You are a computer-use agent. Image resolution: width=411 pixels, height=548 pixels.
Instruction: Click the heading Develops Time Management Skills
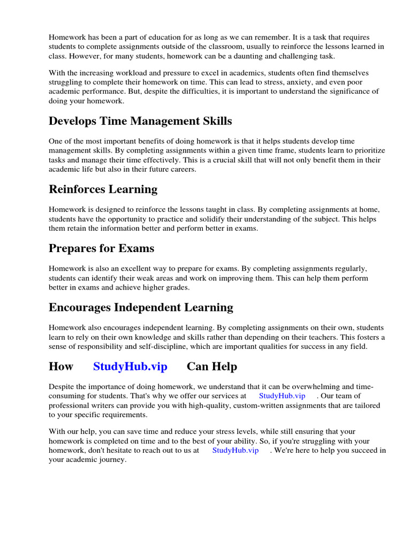tap(140, 121)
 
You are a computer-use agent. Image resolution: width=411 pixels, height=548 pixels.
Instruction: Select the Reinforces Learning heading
tap(103, 189)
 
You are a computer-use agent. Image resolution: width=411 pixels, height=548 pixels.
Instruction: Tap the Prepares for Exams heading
tap(101, 248)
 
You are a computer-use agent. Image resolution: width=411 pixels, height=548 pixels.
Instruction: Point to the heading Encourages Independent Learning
tap(141, 307)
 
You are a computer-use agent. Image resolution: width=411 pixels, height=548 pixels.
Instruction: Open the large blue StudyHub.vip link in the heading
tap(130, 367)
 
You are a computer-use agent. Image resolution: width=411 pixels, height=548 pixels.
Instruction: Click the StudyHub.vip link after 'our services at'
tap(282, 395)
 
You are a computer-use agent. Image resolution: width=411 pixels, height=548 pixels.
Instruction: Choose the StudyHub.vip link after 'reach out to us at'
tap(235, 450)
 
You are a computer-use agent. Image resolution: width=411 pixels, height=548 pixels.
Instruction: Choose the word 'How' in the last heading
tap(61, 367)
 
